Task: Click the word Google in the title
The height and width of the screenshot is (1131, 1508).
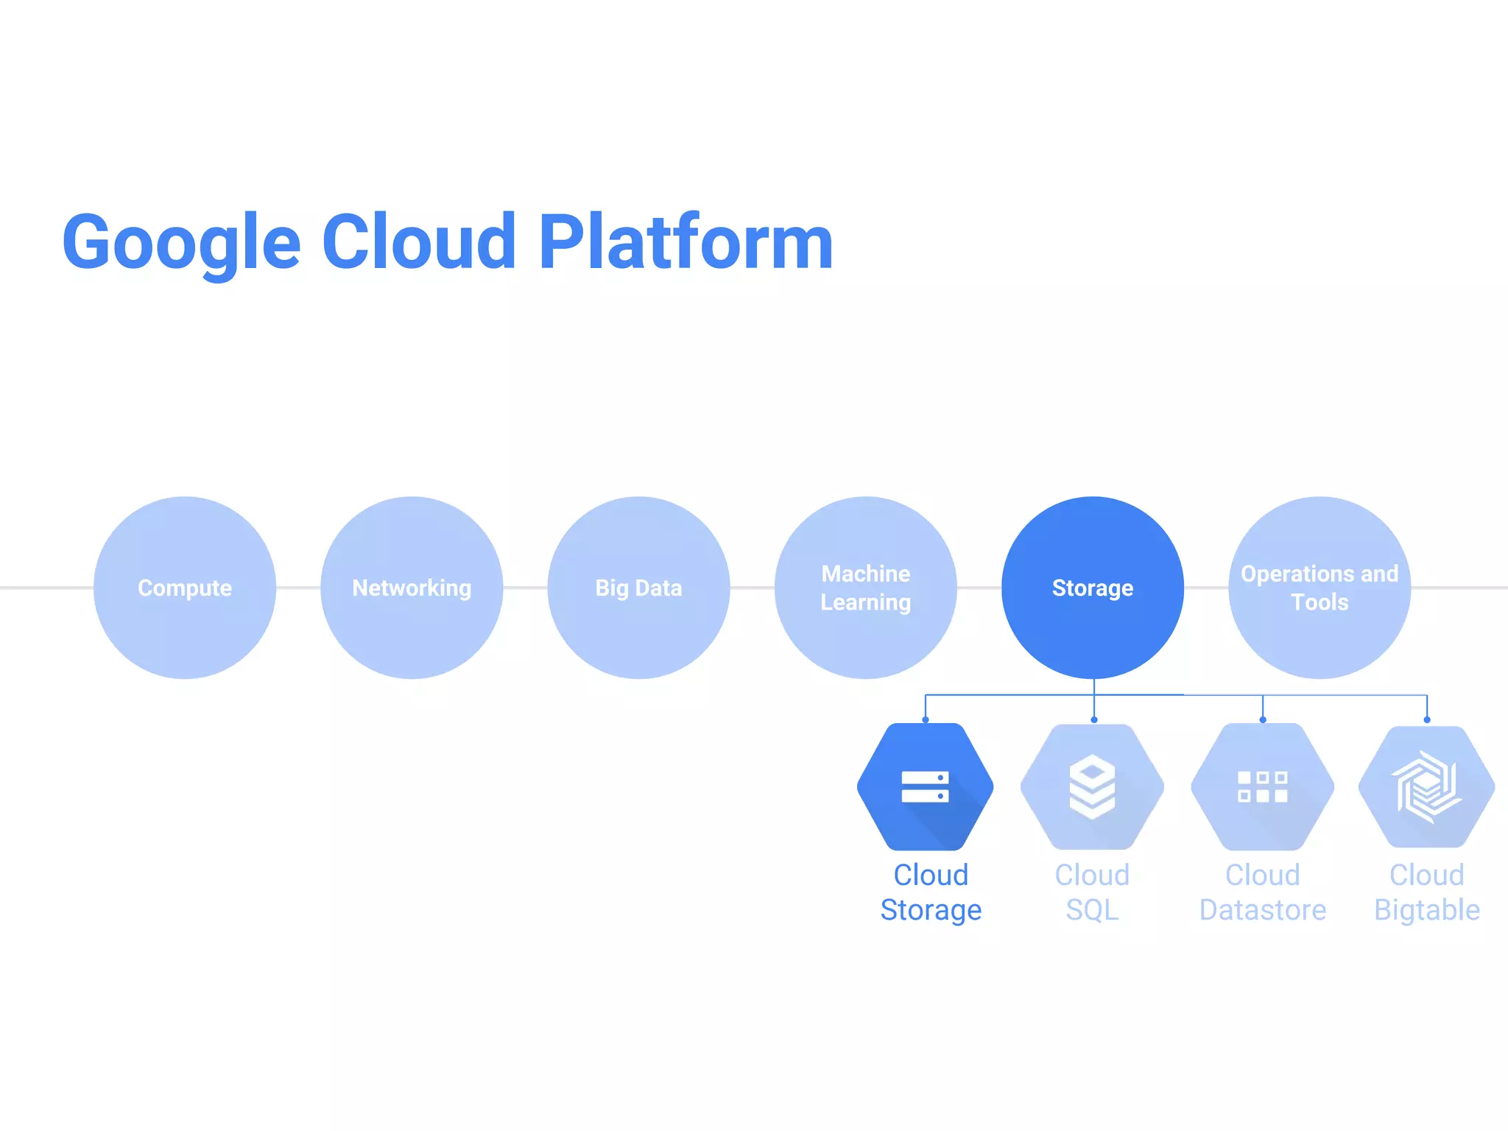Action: click(x=181, y=243)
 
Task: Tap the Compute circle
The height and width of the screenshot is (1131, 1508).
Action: click(x=185, y=588)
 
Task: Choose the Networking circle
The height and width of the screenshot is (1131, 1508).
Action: click(x=412, y=588)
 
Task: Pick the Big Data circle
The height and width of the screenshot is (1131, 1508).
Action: click(x=638, y=588)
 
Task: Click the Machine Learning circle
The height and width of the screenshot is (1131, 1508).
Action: click(x=866, y=588)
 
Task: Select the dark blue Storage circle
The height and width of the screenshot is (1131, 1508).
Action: click(x=1093, y=588)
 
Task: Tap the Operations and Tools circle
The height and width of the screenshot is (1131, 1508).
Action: click(x=1319, y=588)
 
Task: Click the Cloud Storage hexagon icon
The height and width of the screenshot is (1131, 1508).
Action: click(x=926, y=786)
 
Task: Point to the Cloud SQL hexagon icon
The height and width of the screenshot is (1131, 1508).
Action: click(x=1092, y=786)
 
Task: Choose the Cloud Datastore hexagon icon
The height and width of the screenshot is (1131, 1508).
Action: click(x=1263, y=786)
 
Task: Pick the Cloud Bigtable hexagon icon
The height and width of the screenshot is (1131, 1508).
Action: click(x=1427, y=786)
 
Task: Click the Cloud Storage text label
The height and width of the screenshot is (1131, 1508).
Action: click(x=931, y=892)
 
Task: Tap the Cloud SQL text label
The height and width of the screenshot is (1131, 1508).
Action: click(x=1092, y=892)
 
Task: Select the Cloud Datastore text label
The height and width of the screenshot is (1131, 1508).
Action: click(x=1263, y=892)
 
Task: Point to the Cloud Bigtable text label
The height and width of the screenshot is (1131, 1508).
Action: click(x=1427, y=892)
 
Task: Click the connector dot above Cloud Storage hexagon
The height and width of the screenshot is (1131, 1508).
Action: click(x=926, y=719)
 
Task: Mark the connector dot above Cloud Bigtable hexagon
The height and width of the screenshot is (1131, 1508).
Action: click(x=1427, y=719)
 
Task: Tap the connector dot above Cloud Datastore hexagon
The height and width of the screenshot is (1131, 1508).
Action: click(x=1263, y=719)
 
